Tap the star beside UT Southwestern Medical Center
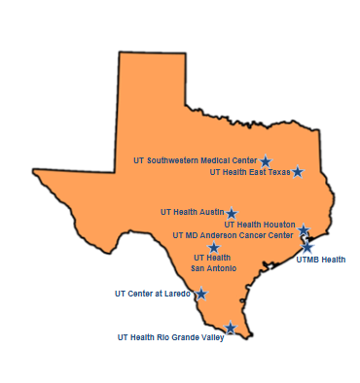click(x=266, y=161)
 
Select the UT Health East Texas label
click(x=250, y=172)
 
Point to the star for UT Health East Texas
click(x=298, y=172)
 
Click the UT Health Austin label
click(x=192, y=211)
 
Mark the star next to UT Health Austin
click(x=232, y=213)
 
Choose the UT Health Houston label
click(x=260, y=225)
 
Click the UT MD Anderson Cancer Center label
click(x=233, y=235)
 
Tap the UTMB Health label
click(x=321, y=260)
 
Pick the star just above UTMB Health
click(x=307, y=247)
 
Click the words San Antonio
click(x=213, y=267)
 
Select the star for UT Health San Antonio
click(x=214, y=247)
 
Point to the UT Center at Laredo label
click(x=152, y=293)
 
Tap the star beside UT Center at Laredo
click(x=201, y=294)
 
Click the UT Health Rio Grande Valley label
click(x=170, y=337)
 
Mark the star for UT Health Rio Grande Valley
click(x=231, y=329)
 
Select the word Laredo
click(x=177, y=293)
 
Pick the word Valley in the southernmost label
click(x=213, y=337)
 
